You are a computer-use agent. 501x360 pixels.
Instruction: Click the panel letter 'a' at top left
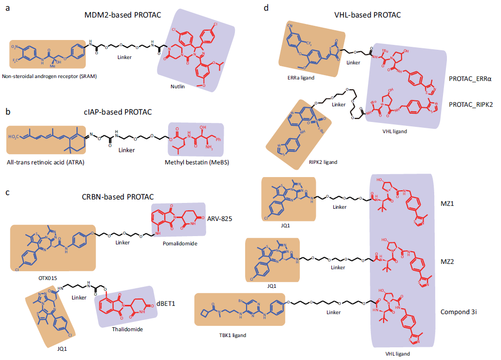pos(7,7)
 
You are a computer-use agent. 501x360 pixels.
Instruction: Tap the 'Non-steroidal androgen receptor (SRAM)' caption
pos(51,77)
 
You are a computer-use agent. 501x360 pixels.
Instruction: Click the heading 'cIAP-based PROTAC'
pos(117,112)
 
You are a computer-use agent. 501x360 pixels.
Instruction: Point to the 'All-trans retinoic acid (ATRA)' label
pos(46,162)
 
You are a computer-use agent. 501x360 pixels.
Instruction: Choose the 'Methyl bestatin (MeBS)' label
pos(192,162)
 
